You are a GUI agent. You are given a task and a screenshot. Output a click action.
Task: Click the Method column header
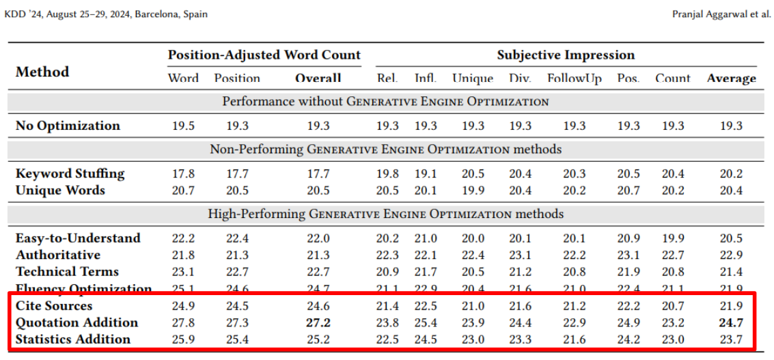[x=42, y=72]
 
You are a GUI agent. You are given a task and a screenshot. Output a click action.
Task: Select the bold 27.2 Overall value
[x=318, y=322]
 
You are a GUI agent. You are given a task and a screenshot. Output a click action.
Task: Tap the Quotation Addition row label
[x=77, y=322]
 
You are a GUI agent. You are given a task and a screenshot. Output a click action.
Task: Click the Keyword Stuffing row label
[x=70, y=174]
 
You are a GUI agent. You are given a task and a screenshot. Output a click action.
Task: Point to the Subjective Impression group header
[x=566, y=55]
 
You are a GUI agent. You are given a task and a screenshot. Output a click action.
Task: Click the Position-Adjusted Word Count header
[x=264, y=55]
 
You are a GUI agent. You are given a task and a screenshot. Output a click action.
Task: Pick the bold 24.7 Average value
[x=732, y=322]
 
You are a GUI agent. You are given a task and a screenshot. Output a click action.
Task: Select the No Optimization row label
[x=68, y=126]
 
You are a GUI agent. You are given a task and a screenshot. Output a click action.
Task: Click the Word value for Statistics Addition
[x=183, y=339]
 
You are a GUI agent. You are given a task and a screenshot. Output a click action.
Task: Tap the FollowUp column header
[x=575, y=79]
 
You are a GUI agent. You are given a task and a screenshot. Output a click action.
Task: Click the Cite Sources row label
[x=54, y=305]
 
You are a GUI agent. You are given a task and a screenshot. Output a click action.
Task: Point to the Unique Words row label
[x=60, y=190]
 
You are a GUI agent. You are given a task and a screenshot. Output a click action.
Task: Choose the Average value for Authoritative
[x=732, y=255]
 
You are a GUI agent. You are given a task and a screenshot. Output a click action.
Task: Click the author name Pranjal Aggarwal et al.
[x=721, y=14]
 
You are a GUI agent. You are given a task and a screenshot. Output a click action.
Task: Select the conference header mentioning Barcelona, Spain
[x=106, y=14]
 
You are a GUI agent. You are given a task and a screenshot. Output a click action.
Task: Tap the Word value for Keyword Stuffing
[x=183, y=174]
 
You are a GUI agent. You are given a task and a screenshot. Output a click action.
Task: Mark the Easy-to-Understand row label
[x=78, y=238]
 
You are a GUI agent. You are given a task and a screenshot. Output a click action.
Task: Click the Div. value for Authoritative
[x=520, y=255]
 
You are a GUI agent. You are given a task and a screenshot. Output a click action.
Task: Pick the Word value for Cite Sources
[x=183, y=305]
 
